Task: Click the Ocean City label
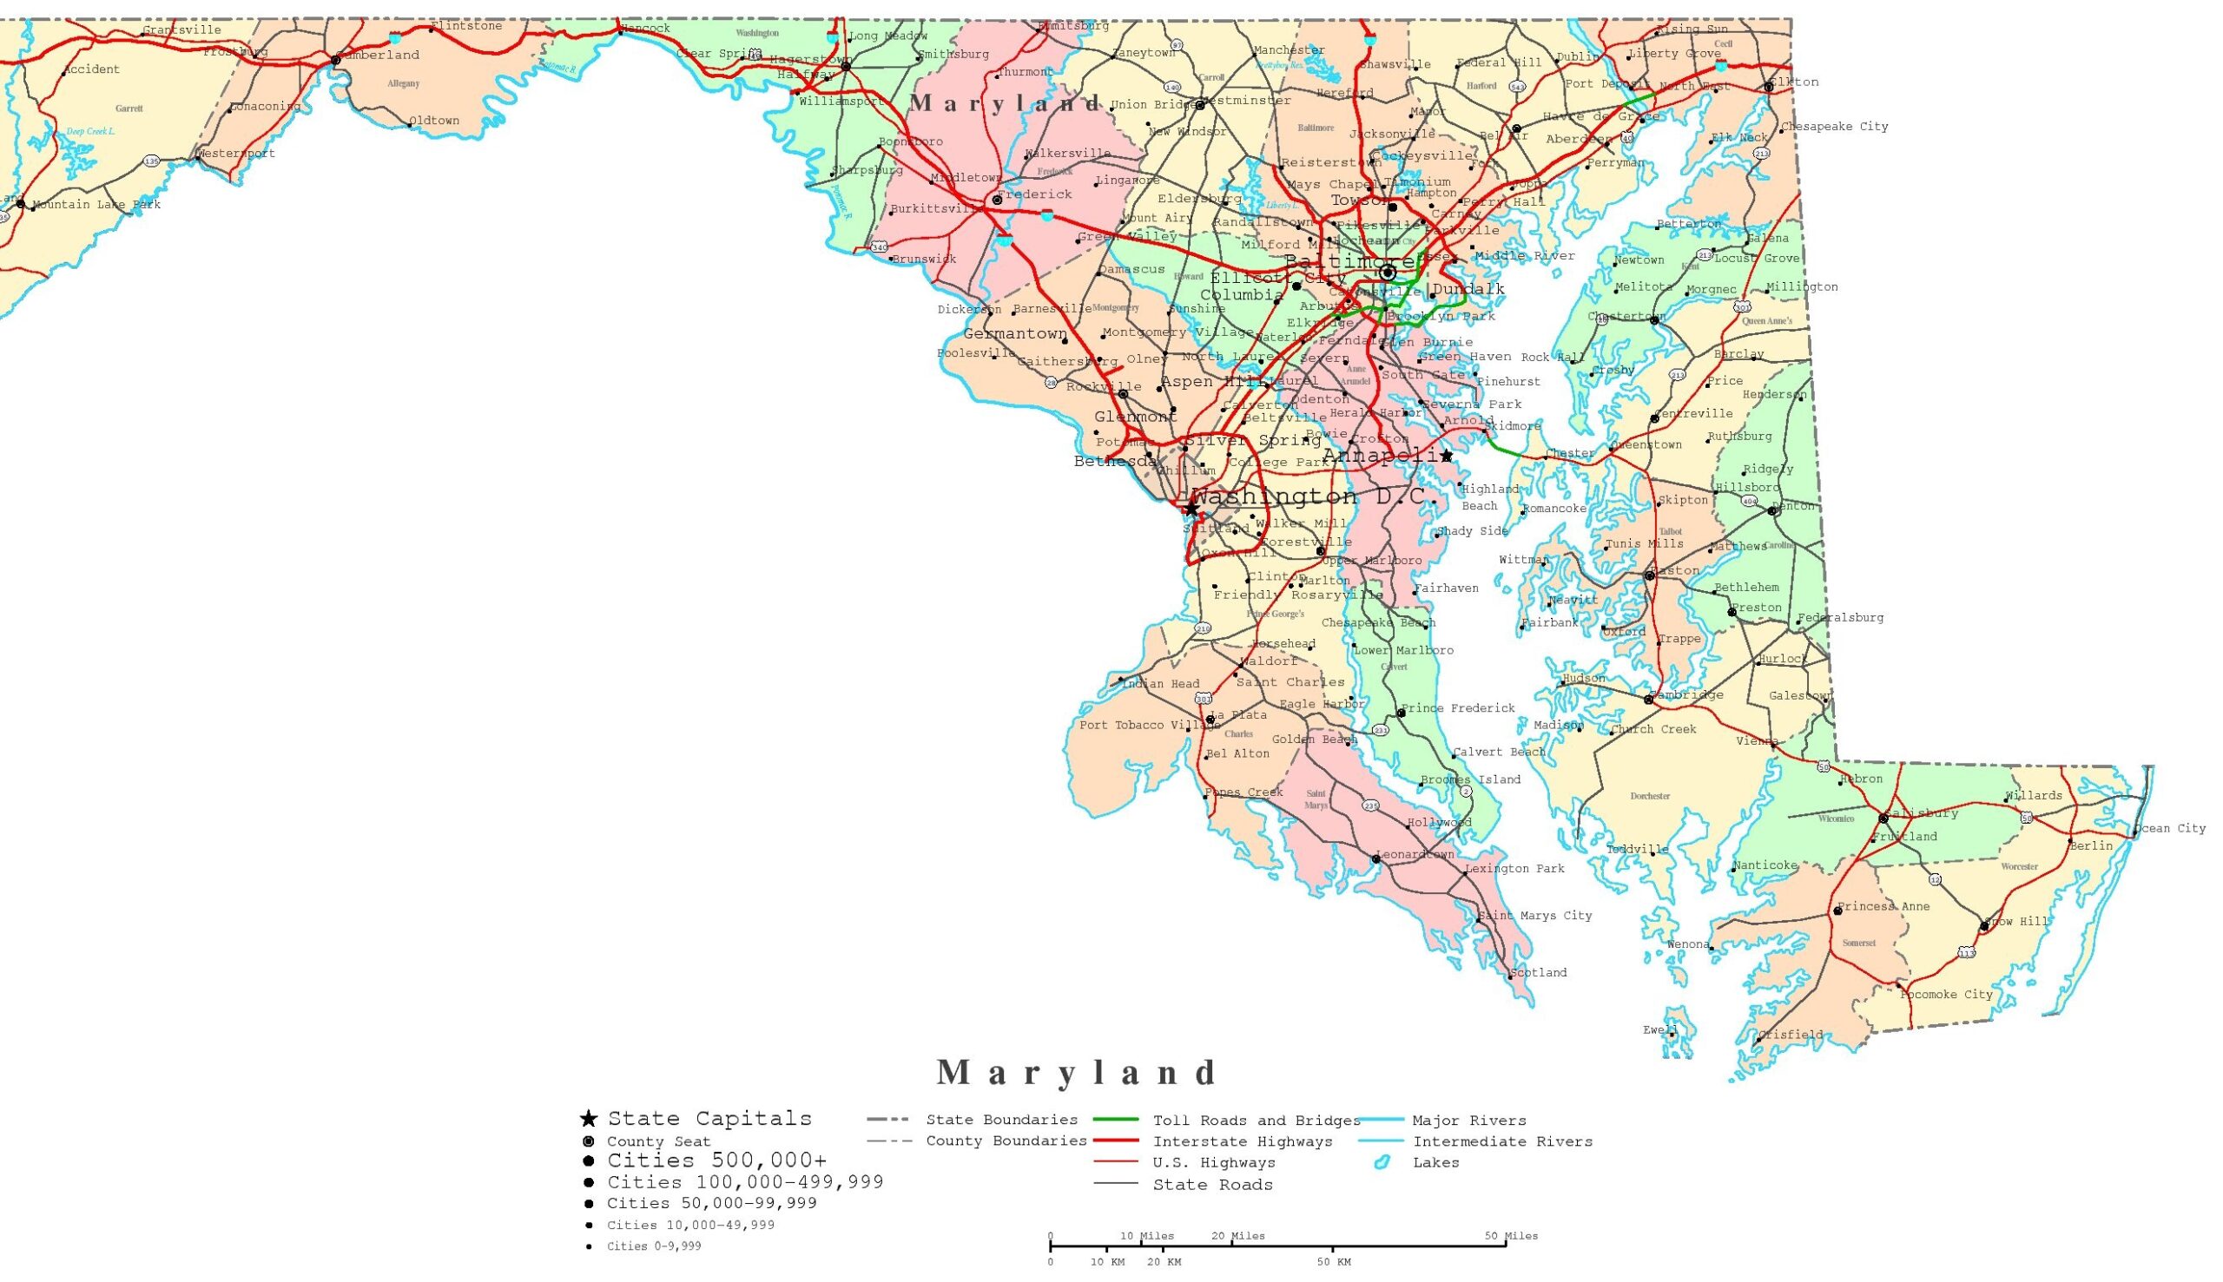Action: [2171, 829]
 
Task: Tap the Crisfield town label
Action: [1791, 1035]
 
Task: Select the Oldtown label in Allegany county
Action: [435, 121]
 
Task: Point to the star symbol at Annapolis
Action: [1446, 455]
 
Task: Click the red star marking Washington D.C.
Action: [1191, 509]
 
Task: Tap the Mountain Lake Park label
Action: [97, 205]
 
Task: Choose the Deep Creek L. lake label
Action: [90, 131]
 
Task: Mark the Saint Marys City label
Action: [1537, 916]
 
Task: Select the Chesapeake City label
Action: [1836, 127]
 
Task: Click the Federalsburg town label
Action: [1842, 617]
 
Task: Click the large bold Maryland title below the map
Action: [1077, 1073]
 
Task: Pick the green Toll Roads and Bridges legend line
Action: [1116, 1120]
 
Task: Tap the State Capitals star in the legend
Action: [589, 1119]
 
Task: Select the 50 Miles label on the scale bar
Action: [1511, 1236]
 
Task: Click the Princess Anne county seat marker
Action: [1837, 911]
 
